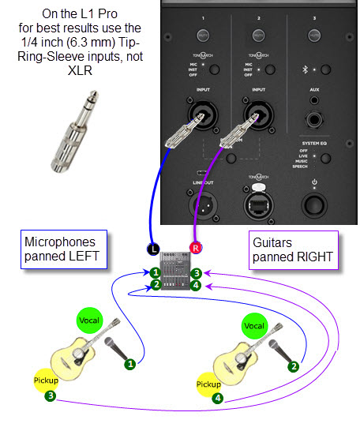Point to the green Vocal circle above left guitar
point(91,320)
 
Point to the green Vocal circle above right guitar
point(253,324)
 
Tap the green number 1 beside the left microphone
point(130,363)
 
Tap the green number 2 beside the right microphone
point(293,366)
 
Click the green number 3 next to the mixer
point(195,273)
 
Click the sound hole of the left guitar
point(76,357)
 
